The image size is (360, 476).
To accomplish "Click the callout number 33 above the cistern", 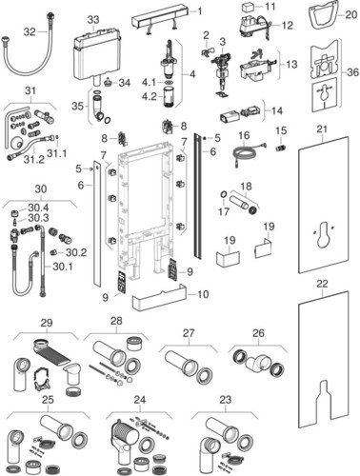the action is tap(93, 20).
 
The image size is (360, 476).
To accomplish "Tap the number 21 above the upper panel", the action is tap(322, 129).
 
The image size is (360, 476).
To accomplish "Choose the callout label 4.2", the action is tap(149, 96).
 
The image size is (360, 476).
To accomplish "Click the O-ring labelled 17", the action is tap(224, 194).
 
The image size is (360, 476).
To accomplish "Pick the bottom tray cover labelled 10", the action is tap(159, 298).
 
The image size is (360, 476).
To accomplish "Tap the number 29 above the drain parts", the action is tap(47, 323).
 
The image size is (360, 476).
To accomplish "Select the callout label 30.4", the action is tap(38, 208).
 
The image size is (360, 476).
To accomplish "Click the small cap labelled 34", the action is tap(109, 83).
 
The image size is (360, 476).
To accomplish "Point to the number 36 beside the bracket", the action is tap(352, 72).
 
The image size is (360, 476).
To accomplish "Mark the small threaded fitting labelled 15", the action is tap(281, 148).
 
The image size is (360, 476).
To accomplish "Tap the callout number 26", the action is tap(258, 333).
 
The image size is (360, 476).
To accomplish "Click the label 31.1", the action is tap(57, 153).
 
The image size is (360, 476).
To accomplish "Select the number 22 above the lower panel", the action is tap(322, 284).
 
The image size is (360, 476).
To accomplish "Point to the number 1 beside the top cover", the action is tap(200, 11).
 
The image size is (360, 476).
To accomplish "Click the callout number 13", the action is tap(291, 64).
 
